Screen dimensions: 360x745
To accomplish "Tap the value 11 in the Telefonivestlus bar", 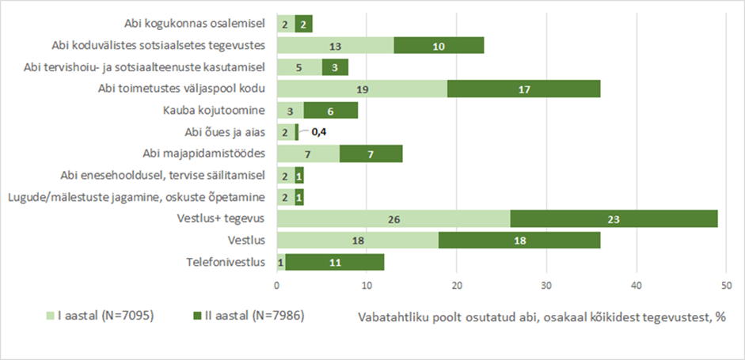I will pos(334,261).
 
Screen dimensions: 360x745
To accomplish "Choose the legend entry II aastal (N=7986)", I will pos(246,316).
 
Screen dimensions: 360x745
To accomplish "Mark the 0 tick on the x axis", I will pos(277,284).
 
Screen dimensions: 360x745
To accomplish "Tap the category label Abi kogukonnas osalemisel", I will pos(197,25).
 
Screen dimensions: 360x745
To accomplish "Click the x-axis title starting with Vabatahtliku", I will pos(542,317).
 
